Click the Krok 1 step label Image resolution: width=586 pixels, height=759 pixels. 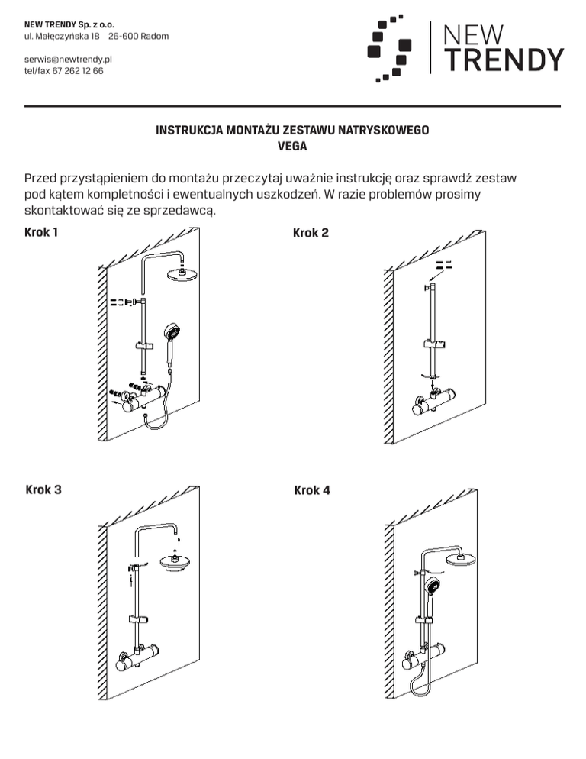click(x=41, y=231)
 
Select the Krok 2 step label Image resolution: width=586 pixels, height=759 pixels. click(x=311, y=232)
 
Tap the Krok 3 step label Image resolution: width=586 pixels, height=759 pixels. click(x=43, y=489)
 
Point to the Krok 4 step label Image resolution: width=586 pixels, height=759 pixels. click(x=312, y=489)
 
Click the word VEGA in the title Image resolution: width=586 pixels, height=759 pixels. click(x=292, y=146)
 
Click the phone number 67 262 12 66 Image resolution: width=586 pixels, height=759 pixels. click(x=78, y=70)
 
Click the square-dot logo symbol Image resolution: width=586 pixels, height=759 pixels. click(x=390, y=48)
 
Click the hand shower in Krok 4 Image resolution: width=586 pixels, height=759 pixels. click(x=433, y=588)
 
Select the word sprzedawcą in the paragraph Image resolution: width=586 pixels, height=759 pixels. click(x=181, y=210)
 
